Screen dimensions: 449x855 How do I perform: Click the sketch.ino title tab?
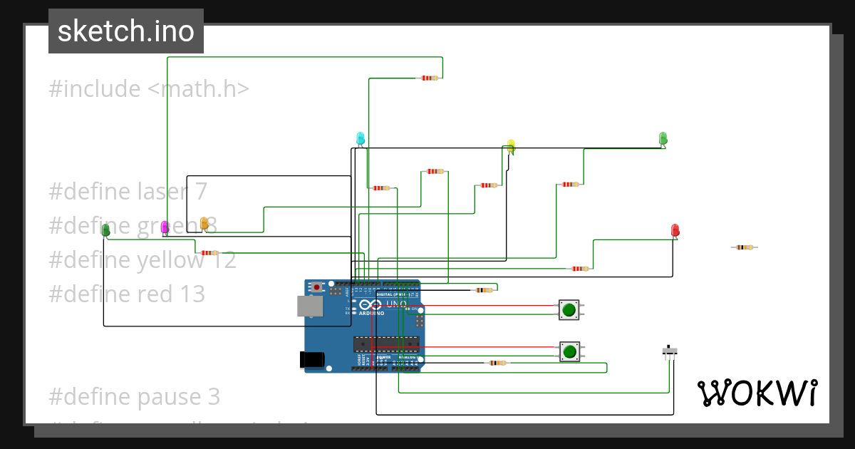(126, 31)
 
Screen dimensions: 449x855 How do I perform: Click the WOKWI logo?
(757, 393)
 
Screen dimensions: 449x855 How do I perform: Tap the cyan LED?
(361, 138)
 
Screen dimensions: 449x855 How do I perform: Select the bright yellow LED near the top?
(511, 146)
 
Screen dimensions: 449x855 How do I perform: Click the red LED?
(675, 230)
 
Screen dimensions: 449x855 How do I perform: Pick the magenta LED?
(165, 227)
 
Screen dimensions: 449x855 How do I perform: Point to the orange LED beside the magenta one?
(204, 224)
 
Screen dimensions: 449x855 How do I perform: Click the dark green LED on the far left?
(106, 230)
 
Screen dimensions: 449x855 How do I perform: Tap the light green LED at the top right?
(663, 138)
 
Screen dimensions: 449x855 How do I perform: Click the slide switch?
(670, 351)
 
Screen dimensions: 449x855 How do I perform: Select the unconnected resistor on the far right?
(744, 247)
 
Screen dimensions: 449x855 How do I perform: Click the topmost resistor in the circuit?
(429, 78)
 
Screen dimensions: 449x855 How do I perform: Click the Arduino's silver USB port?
(310, 306)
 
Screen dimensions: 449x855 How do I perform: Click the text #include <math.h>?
(149, 89)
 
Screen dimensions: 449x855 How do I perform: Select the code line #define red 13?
(127, 294)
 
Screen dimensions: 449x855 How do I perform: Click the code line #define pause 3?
(134, 396)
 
